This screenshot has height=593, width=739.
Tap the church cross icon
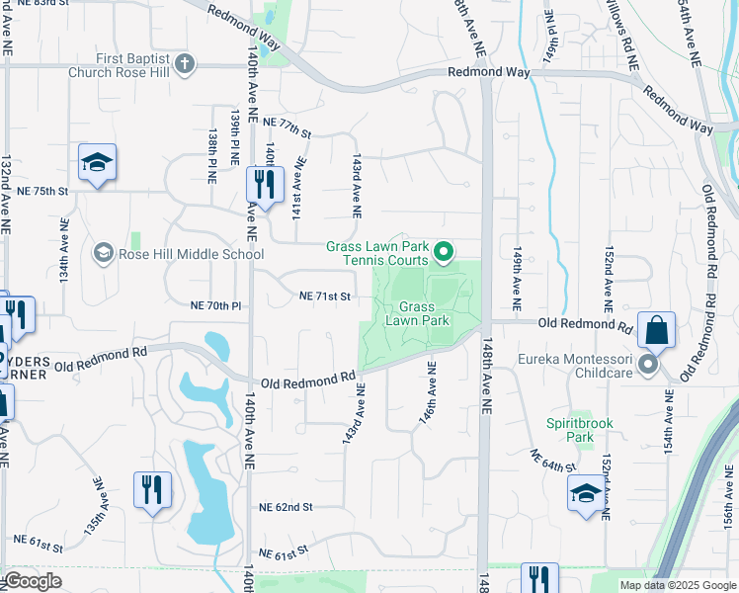coord(185,65)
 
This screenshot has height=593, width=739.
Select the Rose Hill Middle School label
coord(191,254)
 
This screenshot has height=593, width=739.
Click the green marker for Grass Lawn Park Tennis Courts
coord(443,254)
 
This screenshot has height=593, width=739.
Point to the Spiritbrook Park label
coord(580,430)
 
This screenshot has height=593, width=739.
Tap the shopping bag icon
coord(656,332)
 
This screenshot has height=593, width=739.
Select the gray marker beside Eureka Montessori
coord(648,366)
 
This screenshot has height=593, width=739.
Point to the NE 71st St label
coord(325,296)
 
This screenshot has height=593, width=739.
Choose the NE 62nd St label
coord(286,507)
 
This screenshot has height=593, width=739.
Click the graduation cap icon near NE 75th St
coord(97,163)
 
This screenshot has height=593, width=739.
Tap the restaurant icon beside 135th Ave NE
coord(152,491)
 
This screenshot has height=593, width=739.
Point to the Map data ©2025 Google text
coord(677,585)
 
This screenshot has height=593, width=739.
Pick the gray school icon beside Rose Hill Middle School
coord(103,254)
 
